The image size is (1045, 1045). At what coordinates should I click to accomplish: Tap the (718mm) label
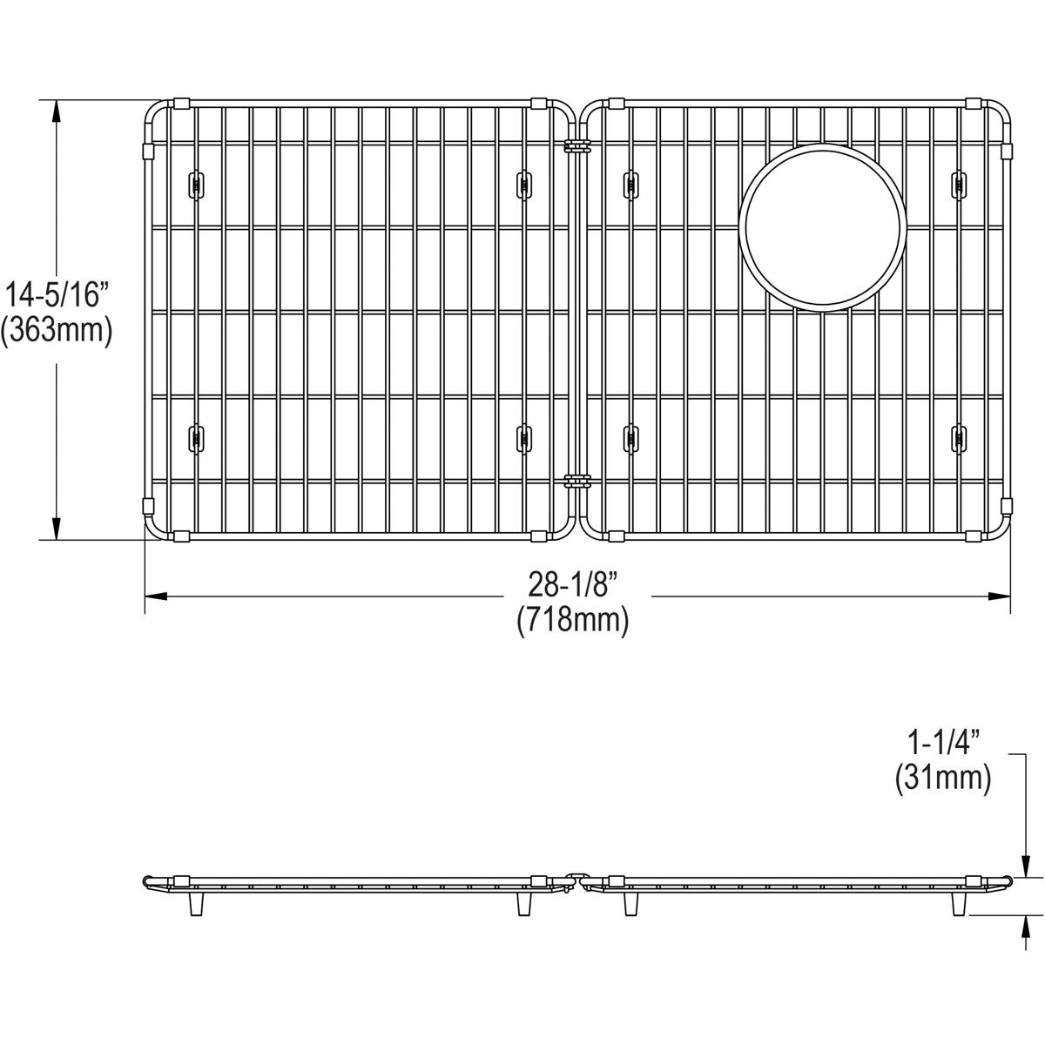pyautogui.click(x=572, y=620)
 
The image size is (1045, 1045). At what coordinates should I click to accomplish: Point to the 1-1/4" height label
pyautogui.click(x=944, y=743)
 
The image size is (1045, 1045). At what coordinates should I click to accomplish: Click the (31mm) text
pyautogui.click(x=944, y=778)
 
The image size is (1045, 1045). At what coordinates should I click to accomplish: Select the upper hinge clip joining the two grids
pyautogui.click(x=576, y=145)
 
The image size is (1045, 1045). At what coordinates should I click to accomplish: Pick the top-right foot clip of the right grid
pyautogui.click(x=958, y=185)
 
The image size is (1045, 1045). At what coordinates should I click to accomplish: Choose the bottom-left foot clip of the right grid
pyautogui.click(x=630, y=438)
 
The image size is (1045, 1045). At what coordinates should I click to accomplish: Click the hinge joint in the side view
pyautogui.click(x=576, y=880)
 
